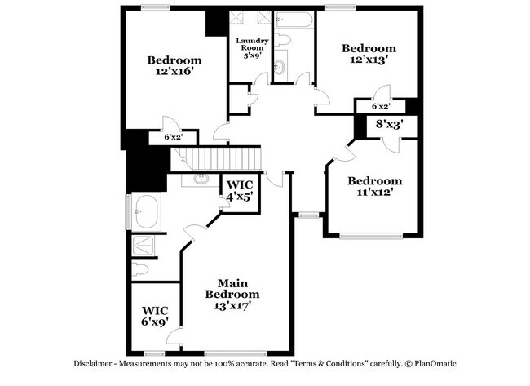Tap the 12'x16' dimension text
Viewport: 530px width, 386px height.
tap(174, 71)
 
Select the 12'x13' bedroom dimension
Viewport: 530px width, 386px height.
tap(369, 60)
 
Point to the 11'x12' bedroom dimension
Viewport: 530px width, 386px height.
tap(375, 193)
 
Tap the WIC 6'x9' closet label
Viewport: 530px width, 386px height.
tap(155, 316)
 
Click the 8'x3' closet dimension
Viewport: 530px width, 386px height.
tap(389, 125)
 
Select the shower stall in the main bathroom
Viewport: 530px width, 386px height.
tap(147, 246)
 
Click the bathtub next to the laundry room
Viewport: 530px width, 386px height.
tap(289, 20)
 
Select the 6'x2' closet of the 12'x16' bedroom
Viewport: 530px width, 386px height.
tap(172, 137)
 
